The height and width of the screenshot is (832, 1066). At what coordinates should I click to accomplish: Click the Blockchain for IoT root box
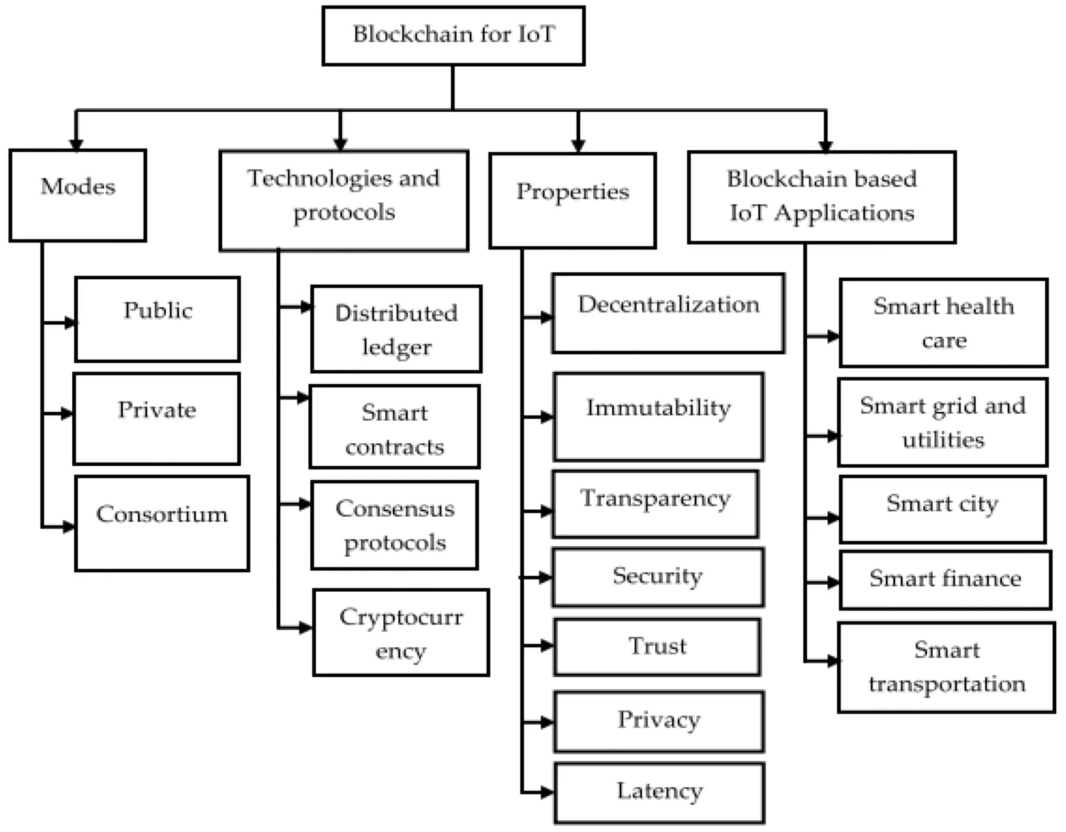point(453,36)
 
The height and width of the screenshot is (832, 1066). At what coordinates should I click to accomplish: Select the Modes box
point(78,195)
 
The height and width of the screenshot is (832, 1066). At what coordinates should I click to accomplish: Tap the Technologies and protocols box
point(344,201)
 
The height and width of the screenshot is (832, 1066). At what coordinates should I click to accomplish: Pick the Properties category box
point(573,201)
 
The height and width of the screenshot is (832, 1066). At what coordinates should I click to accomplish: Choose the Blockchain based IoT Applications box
point(822,197)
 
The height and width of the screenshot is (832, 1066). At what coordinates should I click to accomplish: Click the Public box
point(158,319)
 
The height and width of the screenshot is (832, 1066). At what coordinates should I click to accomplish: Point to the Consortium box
point(162,523)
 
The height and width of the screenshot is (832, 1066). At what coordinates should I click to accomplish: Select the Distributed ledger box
point(396,329)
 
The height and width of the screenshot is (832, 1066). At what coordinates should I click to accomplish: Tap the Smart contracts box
point(395,426)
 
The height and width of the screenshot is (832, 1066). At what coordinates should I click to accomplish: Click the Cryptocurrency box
point(401,633)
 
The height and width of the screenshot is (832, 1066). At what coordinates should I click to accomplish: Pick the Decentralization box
point(668,313)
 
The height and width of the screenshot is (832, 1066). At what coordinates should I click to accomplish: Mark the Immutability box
point(659,417)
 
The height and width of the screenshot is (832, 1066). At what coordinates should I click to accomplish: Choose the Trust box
point(657,647)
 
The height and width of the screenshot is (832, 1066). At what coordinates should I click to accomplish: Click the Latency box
point(659,792)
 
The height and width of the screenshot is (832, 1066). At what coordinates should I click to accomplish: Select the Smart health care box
point(943,323)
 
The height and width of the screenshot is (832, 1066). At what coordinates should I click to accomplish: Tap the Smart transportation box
point(947,667)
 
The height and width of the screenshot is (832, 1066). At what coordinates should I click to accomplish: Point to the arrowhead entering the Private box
point(67,413)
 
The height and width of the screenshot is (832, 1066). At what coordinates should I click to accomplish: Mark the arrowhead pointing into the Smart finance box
point(833,583)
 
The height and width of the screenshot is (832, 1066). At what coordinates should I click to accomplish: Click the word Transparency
point(655,499)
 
